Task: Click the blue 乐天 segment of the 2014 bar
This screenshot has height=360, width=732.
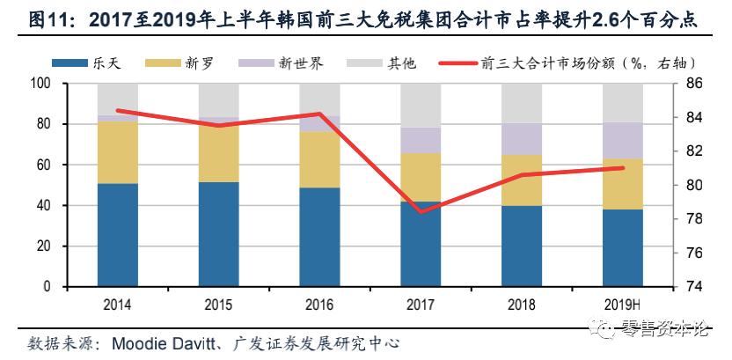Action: coord(117,235)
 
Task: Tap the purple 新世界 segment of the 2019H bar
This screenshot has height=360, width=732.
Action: coord(622,140)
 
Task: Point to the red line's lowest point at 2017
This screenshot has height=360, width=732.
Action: coord(421,211)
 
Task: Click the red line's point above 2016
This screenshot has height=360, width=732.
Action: coord(319,114)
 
